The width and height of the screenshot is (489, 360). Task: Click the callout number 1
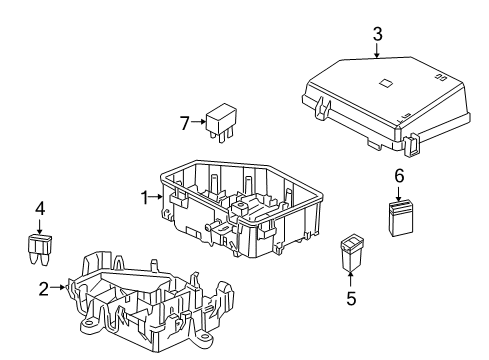(x=144, y=197)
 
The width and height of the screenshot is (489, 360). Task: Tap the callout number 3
(x=377, y=35)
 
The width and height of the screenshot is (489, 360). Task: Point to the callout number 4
(x=40, y=209)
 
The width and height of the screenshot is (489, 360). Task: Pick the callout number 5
(x=350, y=297)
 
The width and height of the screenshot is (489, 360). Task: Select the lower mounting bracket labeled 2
(x=150, y=300)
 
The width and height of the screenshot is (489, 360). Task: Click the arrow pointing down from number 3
(x=377, y=52)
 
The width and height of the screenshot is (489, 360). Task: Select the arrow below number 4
(x=40, y=225)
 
